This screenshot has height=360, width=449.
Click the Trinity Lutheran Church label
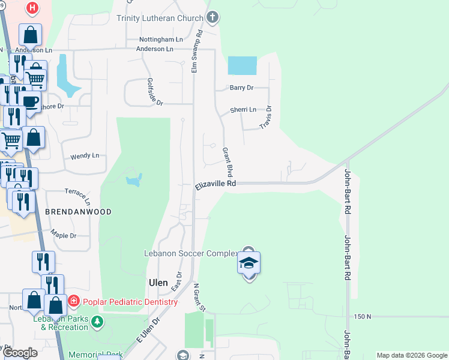[160, 18]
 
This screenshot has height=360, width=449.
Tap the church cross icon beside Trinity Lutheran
[211, 17]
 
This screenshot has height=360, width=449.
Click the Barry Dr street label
[242, 88]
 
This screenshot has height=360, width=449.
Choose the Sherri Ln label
[243, 110]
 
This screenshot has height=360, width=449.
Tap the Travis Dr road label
[265, 117]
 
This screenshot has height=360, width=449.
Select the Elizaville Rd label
[215, 185]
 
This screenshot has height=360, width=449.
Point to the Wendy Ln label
[85, 156]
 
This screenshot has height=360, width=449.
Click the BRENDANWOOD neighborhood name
[78, 212]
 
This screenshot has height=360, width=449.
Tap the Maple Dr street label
[64, 235]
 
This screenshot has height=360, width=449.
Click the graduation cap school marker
[249, 263]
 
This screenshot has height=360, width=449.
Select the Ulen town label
[158, 282]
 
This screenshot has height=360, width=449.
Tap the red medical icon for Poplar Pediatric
[73, 300]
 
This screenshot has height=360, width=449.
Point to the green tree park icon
[97, 323]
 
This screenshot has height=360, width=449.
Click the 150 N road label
[363, 316]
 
